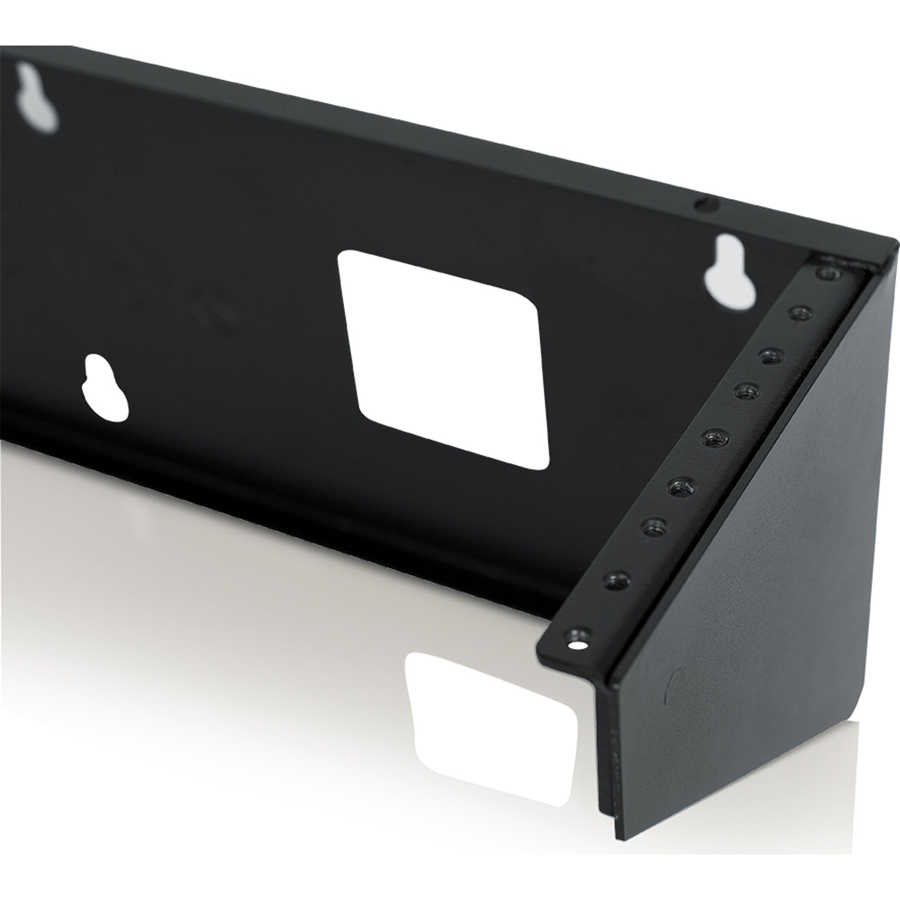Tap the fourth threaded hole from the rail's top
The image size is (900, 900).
pos(746,399)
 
